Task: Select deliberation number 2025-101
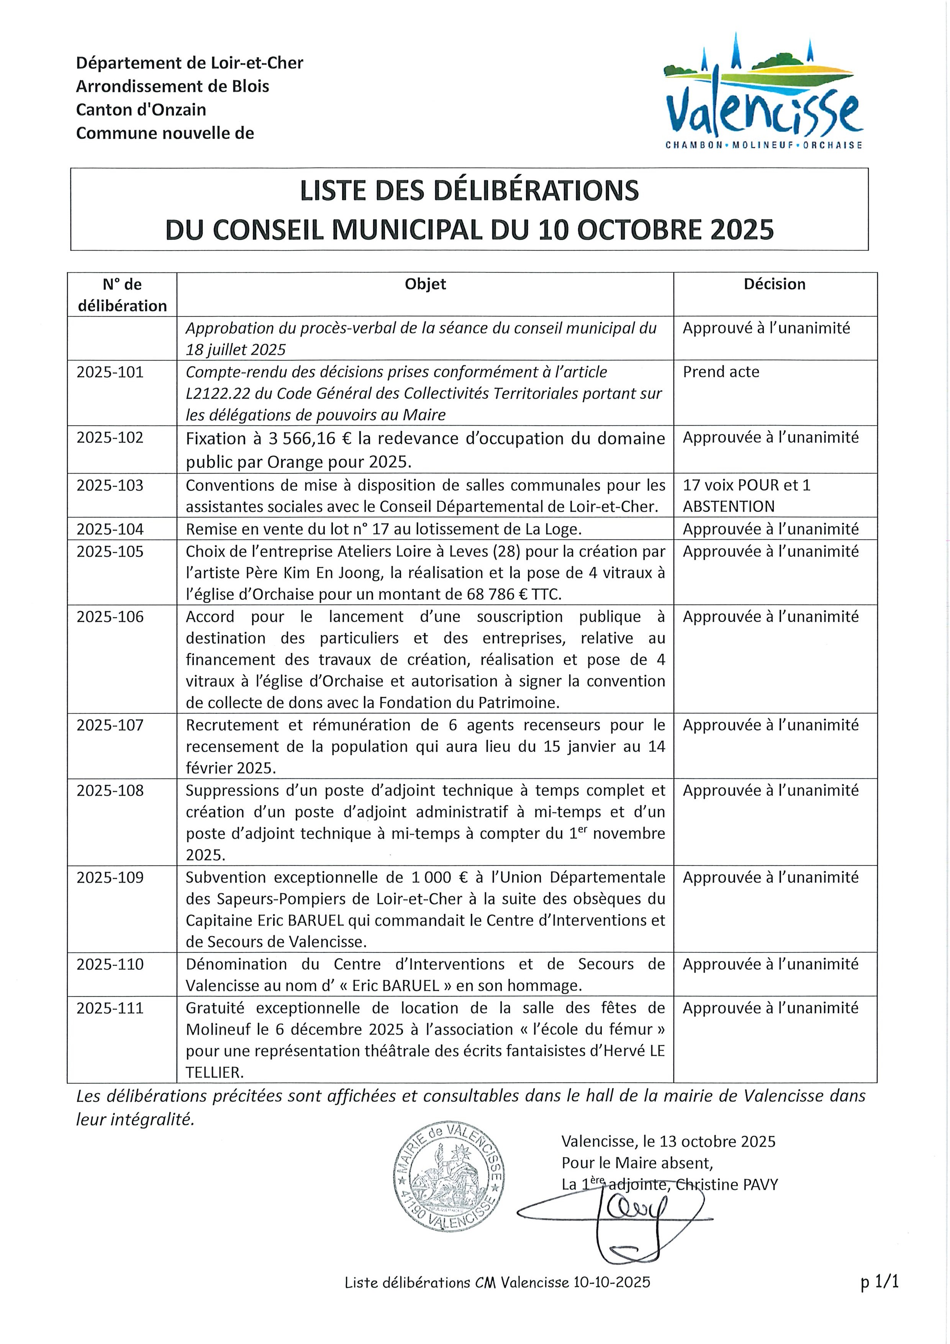[x=110, y=372]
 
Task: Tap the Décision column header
[x=775, y=285]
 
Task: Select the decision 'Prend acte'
[x=721, y=372]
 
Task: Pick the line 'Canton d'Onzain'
[x=141, y=110]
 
